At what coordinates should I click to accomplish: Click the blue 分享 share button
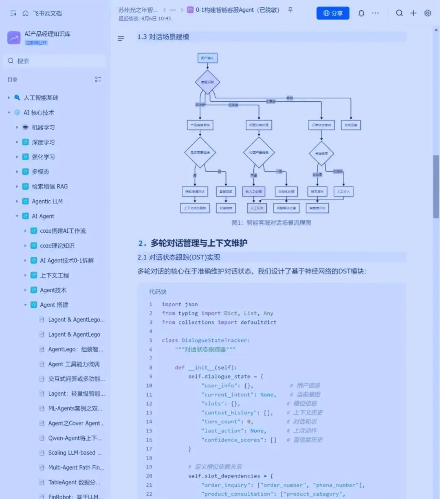click(x=333, y=13)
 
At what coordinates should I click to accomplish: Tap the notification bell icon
click(x=361, y=13)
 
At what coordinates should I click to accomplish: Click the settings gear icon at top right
click(x=427, y=13)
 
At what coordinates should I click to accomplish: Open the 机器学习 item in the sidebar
click(x=43, y=127)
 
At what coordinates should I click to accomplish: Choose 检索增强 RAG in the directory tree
click(x=50, y=186)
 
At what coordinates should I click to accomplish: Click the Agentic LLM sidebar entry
click(x=47, y=201)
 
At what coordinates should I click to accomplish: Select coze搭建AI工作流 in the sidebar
click(x=63, y=231)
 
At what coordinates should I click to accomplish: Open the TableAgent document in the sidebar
click(x=74, y=482)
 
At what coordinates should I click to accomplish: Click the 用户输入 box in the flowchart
click(x=207, y=58)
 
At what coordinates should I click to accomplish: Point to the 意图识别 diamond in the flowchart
click(x=207, y=82)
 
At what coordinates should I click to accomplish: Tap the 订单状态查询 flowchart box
click(x=321, y=125)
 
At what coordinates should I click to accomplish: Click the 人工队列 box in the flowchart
click(x=257, y=208)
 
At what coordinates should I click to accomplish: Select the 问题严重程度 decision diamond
click(x=259, y=153)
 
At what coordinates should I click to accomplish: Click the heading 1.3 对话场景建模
click(x=163, y=37)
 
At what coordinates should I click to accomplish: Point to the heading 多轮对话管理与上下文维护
click(x=199, y=243)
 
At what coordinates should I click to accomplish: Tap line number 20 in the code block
click(x=149, y=476)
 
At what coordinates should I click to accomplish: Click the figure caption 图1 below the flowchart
click(x=271, y=223)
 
